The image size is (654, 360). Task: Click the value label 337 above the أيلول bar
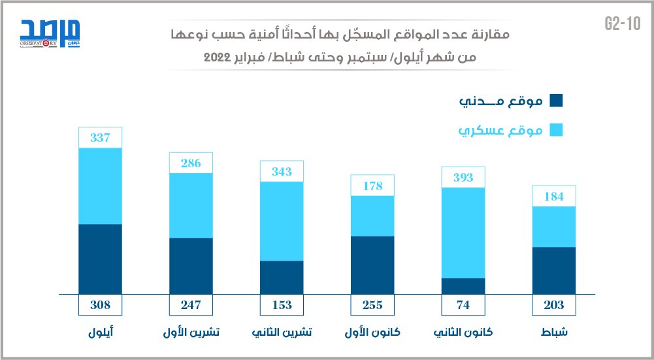click(x=100, y=138)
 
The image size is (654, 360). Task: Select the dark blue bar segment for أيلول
click(x=100, y=259)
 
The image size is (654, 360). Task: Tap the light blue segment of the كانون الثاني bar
click(x=463, y=233)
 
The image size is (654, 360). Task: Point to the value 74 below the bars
click(x=463, y=304)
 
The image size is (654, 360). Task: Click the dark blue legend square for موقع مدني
click(x=557, y=101)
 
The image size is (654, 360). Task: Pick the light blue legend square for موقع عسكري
click(x=557, y=131)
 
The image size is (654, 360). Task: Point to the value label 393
click(x=463, y=178)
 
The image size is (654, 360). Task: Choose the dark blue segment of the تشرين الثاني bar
click(x=282, y=277)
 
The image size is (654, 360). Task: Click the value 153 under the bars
click(x=282, y=304)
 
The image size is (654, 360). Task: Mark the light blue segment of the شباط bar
click(x=554, y=226)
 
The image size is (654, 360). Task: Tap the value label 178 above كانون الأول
click(x=372, y=186)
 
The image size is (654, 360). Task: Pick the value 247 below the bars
click(x=191, y=304)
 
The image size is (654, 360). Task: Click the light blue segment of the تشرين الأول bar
click(x=191, y=205)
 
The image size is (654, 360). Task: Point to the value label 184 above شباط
click(x=554, y=196)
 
